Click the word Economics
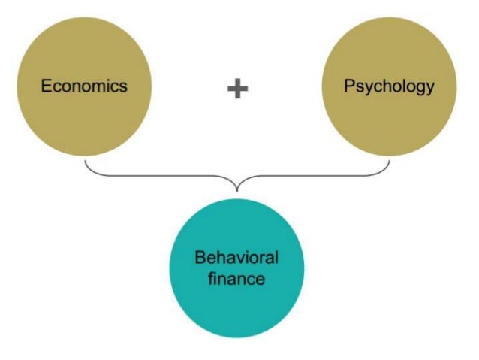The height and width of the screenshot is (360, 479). click(84, 85)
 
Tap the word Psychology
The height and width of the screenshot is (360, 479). click(389, 86)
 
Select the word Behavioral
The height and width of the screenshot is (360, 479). click(236, 258)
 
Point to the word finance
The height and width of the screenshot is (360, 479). click(236, 279)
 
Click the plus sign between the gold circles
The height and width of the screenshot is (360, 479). click(237, 89)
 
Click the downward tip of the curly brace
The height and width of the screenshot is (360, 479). click(237, 189)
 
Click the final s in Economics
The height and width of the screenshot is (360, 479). click(123, 86)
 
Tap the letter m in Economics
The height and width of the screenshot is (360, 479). click(98, 86)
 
